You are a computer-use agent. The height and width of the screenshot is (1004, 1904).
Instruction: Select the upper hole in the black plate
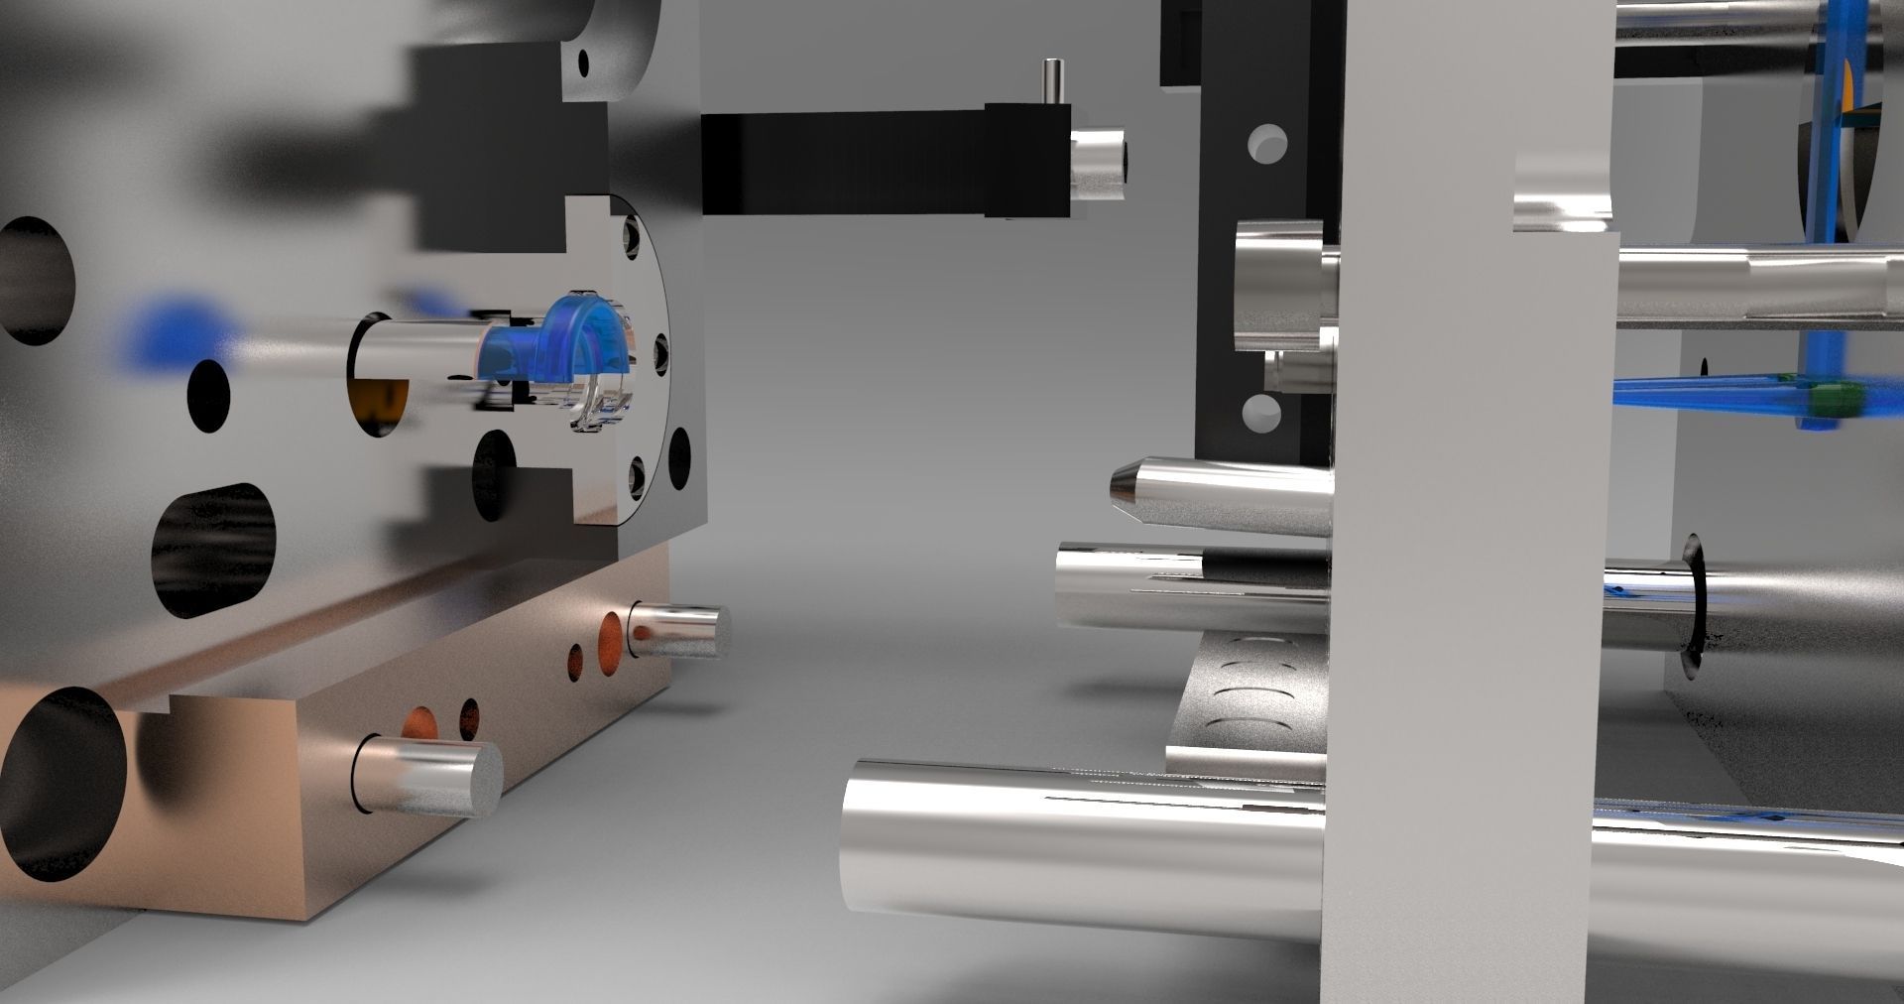point(1267,144)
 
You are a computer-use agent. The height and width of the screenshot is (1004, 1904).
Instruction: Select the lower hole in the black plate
point(1261,413)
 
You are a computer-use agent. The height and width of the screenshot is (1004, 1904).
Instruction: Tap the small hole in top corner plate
point(585,65)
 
